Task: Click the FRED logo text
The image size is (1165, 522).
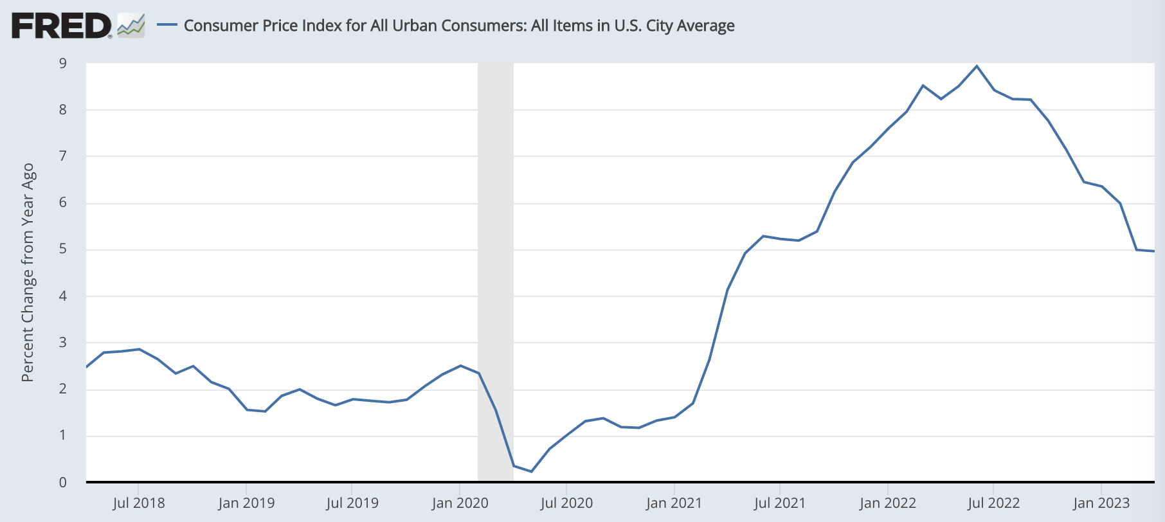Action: pyautogui.click(x=61, y=26)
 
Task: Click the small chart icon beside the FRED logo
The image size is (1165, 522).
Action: pyautogui.click(x=131, y=26)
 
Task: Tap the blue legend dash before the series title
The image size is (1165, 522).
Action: pyautogui.click(x=167, y=25)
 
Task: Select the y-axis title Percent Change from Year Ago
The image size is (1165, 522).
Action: pyautogui.click(x=28, y=273)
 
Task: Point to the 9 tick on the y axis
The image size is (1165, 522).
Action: pyautogui.click(x=63, y=63)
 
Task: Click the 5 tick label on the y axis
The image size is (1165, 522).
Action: pyautogui.click(x=63, y=249)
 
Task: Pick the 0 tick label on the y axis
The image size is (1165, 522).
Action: pyautogui.click(x=63, y=482)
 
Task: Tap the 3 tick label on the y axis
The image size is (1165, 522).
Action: pyautogui.click(x=63, y=343)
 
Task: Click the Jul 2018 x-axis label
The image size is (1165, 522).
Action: pyautogui.click(x=139, y=503)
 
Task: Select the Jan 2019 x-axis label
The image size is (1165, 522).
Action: pyautogui.click(x=246, y=503)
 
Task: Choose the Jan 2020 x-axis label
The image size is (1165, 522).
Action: pyautogui.click(x=460, y=503)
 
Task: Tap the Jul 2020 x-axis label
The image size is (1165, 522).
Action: pyautogui.click(x=566, y=503)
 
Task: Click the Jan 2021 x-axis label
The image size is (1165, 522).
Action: pyautogui.click(x=674, y=503)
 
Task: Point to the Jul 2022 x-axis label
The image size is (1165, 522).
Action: pyautogui.click(x=993, y=503)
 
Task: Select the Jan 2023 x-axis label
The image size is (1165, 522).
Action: pyautogui.click(x=1101, y=503)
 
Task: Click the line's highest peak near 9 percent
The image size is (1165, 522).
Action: pyautogui.click(x=977, y=66)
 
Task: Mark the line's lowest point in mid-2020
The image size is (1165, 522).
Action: pyautogui.click(x=531, y=471)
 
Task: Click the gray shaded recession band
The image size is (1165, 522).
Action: pyautogui.click(x=496, y=257)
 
